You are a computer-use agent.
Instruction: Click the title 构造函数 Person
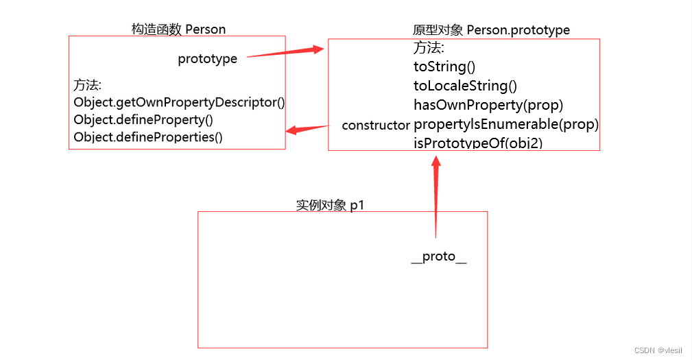point(178,29)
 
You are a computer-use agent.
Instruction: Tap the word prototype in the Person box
point(207,59)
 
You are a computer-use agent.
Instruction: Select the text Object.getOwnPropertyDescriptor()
point(179,103)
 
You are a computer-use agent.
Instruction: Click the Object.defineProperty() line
point(143,120)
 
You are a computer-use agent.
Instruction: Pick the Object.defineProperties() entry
point(148,137)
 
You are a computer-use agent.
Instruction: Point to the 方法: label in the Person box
point(88,86)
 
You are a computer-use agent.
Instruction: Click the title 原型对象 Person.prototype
point(491,30)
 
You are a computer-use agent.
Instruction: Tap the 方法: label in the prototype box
point(429,48)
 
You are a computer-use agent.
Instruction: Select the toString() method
point(444,67)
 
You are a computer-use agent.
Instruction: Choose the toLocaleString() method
point(465,86)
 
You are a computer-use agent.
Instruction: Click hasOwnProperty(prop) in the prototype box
point(488,105)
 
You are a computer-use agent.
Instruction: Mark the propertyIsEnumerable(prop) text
point(506,124)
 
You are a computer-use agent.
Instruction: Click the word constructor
point(375,125)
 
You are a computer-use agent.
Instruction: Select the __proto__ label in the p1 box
point(439,256)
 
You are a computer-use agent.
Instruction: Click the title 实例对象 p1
point(329,205)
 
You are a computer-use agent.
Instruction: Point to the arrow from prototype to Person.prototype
point(285,53)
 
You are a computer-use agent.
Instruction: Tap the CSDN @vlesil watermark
point(658,350)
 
